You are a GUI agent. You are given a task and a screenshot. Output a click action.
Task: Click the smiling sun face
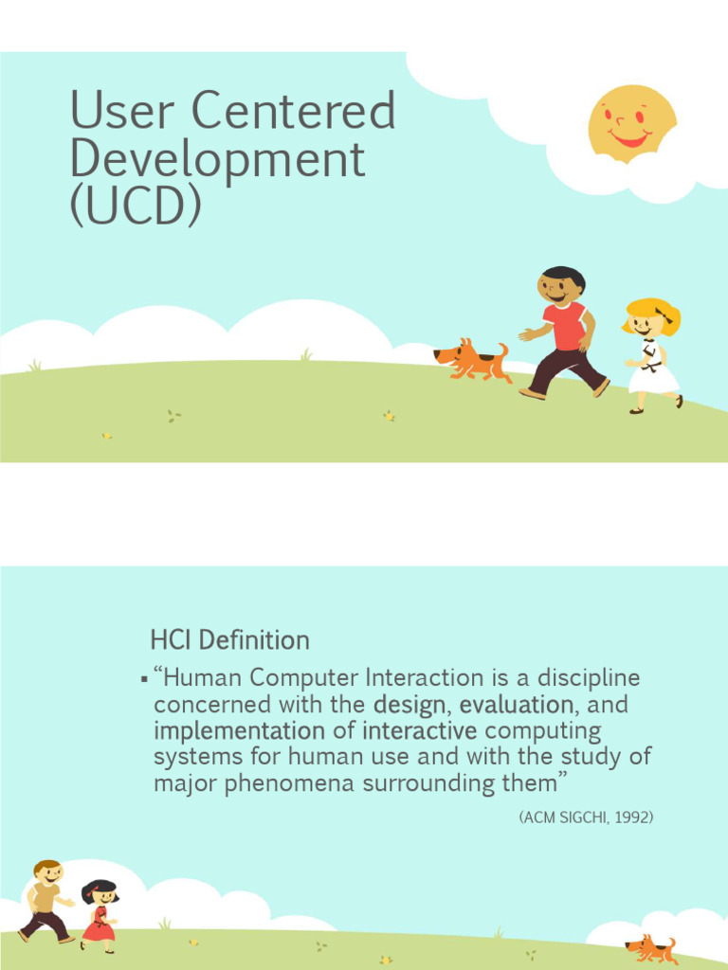[x=631, y=123]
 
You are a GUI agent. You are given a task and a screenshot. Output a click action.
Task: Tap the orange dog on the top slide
[x=471, y=360]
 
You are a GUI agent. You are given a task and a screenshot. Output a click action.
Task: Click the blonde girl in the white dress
[x=651, y=356]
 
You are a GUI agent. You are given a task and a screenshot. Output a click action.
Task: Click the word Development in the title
[x=217, y=158]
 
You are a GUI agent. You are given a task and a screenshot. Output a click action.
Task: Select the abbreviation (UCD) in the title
[x=136, y=206]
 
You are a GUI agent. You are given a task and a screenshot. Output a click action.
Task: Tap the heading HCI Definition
[x=229, y=640]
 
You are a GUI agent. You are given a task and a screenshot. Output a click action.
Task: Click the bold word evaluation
[x=516, y=705]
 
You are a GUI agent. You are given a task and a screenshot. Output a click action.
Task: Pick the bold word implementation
[x=239, y=731]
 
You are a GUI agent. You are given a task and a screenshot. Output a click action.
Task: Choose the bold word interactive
[x=419, y=731]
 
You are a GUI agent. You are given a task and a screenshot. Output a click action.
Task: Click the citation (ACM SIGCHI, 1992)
[x=586, y=817]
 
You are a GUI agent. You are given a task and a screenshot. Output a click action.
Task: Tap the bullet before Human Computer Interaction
[x=143, y=679]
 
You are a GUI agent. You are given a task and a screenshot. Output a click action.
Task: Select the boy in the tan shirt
[x=46, y=900]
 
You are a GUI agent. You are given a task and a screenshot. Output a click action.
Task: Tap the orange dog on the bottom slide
[x=652, y=948]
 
